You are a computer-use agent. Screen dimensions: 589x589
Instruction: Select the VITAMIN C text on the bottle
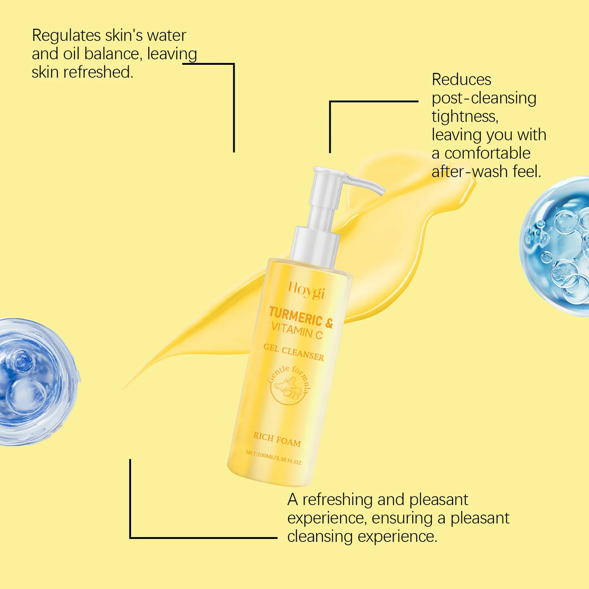click(297, 331)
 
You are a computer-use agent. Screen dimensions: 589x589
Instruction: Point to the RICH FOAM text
click(277, 440)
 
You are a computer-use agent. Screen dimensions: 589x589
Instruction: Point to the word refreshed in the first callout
click(98, 73)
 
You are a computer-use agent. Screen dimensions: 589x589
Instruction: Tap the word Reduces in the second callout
click(461, 80)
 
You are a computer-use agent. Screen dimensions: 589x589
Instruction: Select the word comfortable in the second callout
click(487, 153)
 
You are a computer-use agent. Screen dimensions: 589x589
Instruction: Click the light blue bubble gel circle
click(555, 246)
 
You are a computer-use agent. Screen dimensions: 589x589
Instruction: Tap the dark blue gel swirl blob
click(37, 382)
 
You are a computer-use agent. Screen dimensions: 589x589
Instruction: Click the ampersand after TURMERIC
click(328, 322)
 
